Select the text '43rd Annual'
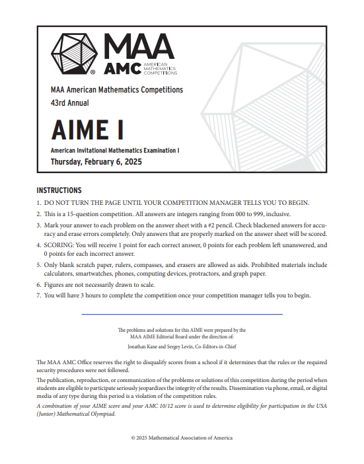pyautogui.click(x=69, y=103)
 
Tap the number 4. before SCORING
pyautogui.click(x=39, y=245)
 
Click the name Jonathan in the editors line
pyautogui.click(x=138, y=346)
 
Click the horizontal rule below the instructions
pyautogui.click(x=182, y=314)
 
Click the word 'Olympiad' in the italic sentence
pyautogui.click(x=100, y=414)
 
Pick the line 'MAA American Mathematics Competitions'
pyautogui.click(x=116, y=90)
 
